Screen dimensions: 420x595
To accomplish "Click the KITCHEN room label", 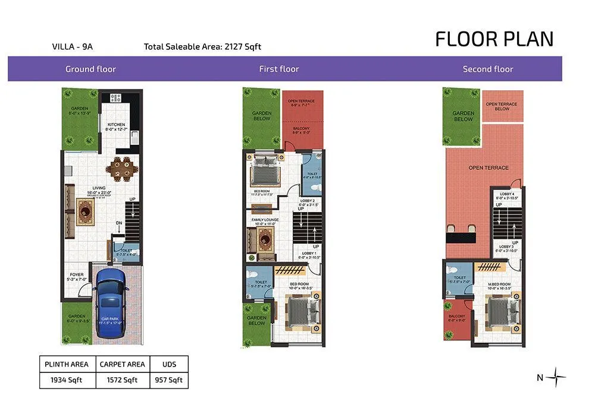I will pyautogui.click(x=116, y=125).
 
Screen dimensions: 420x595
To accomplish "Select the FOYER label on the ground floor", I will pyautogui.click(x=77, y=274).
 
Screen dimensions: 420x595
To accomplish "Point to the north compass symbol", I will pyautogui.click(x=556, y=377).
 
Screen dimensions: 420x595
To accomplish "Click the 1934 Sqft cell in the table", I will pyautogui.click(x=67, y=380).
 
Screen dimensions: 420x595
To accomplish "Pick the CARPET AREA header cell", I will pyautogui.click(x=123, y=364).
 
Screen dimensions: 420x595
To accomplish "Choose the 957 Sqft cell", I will pyautogui.click(x=168, y=380).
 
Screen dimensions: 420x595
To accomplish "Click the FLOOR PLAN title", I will pyautogui.click(x=494, y=39).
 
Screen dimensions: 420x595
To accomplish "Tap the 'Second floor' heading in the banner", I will pyautogui.click(x=487, y=69).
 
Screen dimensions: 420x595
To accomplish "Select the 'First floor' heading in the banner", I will pyautogui.click(x=278, y=69).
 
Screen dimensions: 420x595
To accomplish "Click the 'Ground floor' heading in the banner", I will pyautogui.click(x=90, y=69).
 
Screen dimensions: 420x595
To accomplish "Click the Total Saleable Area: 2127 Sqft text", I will pyautogui.click(x=202, y=46).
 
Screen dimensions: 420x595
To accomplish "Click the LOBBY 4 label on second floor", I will pyautogui.click(x=507, y=194).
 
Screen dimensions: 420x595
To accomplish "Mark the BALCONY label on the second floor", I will pyautogui.click(x=457, y=317).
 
